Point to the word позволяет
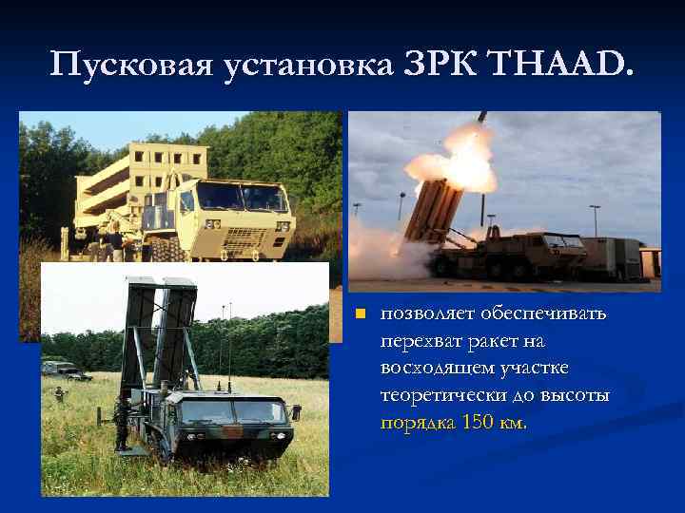point(422,313)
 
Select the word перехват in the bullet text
point(419,340)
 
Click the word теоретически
point(441,394)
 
